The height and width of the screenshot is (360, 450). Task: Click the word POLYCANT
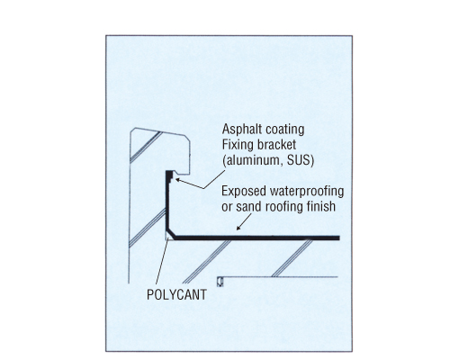click(176, 294)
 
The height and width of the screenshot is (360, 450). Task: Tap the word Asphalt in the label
click(239, 129)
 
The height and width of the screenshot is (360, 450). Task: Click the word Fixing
click(236, 145)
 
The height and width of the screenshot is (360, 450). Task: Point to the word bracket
click(274, 144)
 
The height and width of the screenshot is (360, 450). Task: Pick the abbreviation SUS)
click(301, 160)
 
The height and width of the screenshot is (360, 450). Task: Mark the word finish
click(321, 206)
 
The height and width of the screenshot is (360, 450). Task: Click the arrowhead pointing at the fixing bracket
click(177, 180)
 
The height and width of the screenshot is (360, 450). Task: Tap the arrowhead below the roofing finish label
click(238, 229)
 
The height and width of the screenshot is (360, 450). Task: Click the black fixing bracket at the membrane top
click(170, 175)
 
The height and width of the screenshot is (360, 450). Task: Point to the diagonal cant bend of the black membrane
click(171, 232)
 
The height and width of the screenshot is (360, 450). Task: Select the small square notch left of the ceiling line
click(220, 282)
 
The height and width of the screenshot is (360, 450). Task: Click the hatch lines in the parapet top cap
click(147, 148)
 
